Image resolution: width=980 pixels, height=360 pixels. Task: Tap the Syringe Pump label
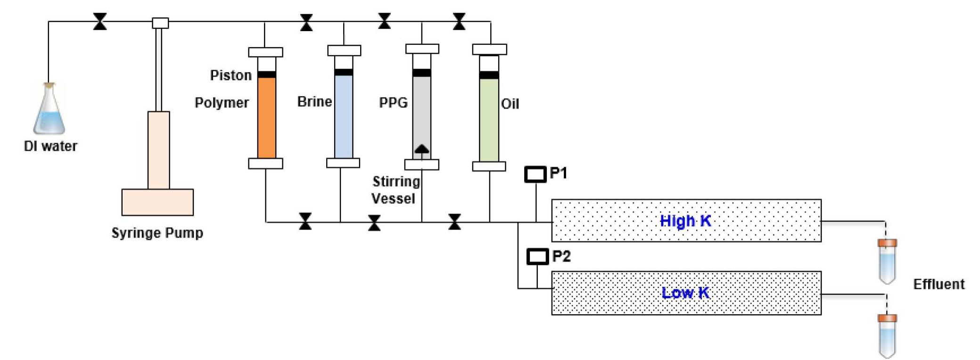coord(157,233)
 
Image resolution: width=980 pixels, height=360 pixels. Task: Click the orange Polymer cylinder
coord(266,118)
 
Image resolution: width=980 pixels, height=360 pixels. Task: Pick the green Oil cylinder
coord(489,120)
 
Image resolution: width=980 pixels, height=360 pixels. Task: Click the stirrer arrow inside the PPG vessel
coord(421,149)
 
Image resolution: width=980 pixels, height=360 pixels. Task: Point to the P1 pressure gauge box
coord(535,174)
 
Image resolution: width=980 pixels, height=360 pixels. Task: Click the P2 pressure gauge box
coord(537,256)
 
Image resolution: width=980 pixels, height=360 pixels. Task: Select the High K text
coord(685,221)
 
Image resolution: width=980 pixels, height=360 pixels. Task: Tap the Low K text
coord(685,293)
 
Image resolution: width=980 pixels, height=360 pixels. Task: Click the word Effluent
coord(939,284)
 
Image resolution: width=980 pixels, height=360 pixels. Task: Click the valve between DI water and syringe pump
coord(99,22)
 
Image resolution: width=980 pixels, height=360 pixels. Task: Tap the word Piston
coord(231,75)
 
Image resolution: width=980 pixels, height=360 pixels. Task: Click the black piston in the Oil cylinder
coord(489,75)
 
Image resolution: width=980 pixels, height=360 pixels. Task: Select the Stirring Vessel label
coord(395,190)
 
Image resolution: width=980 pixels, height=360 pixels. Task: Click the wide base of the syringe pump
coord(157,202)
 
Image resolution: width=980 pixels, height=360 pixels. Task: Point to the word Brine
coord(314,102)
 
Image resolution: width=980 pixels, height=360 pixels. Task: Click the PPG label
coord(393,103)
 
